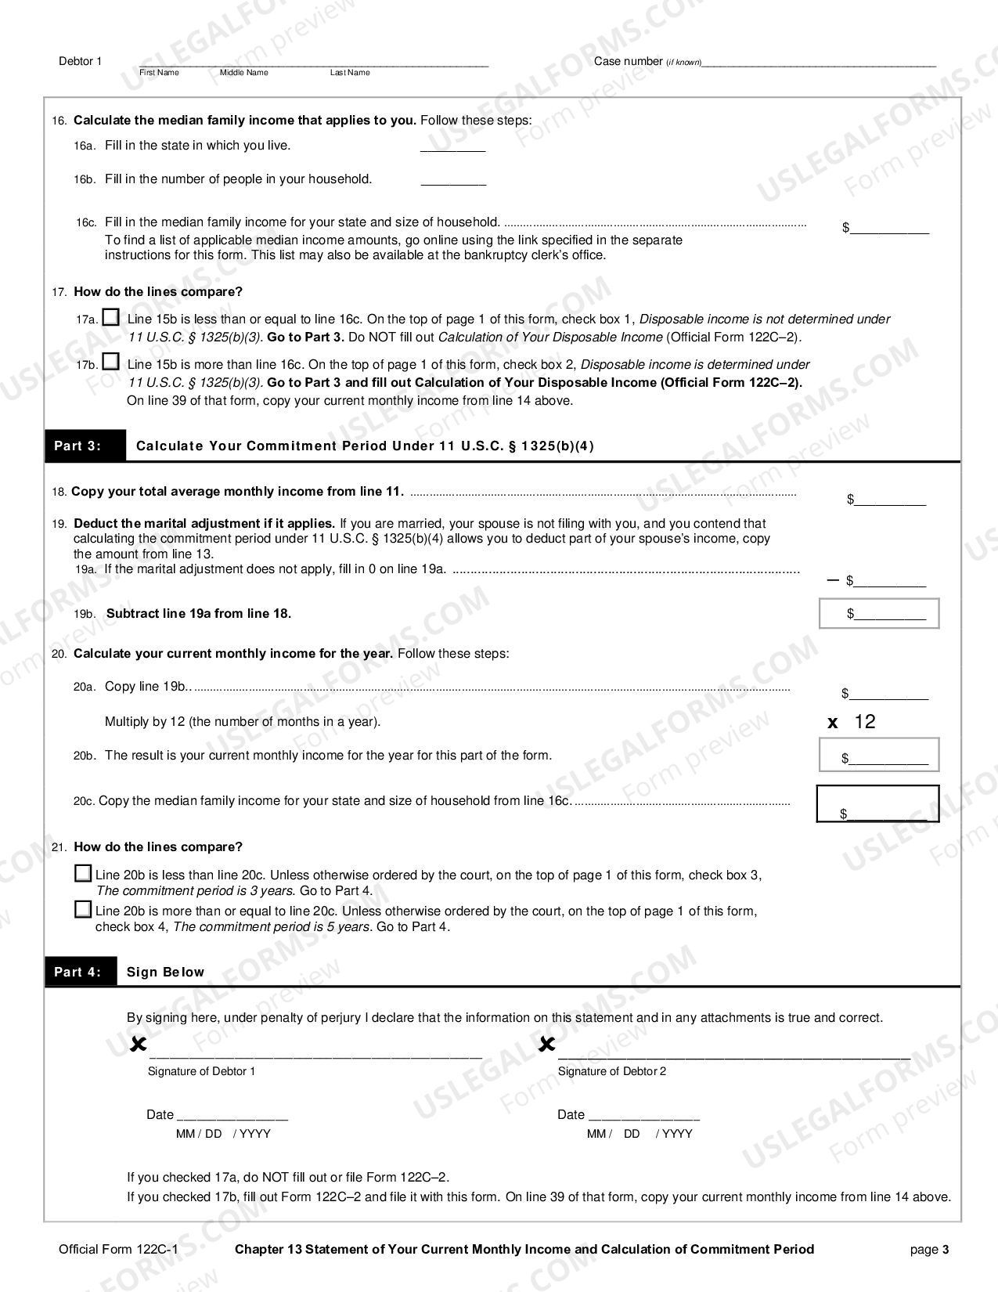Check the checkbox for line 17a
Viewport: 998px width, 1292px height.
[112, 318]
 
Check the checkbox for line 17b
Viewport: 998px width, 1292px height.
[112, 363]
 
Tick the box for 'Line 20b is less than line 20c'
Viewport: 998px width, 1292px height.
[83, 874]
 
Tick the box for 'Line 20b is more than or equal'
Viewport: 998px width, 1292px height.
[83, 910]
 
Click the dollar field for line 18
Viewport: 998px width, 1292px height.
[889, 500]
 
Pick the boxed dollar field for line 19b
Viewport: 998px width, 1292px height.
[879, 613]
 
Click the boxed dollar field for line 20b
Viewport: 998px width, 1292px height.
[879, 756]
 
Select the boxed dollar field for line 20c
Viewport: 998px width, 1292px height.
[877, 804]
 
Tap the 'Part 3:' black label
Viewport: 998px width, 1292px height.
[77, 446]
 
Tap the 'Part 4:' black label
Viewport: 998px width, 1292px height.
[77, 972]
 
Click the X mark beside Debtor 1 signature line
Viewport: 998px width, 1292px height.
[139, 1045]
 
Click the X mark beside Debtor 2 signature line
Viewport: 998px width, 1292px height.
[547, 1045]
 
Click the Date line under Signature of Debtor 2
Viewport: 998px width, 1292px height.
[643, 1115]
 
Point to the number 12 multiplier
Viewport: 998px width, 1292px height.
[864, 722]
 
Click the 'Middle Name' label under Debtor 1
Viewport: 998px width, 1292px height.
[243, 73]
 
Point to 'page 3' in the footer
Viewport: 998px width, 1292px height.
[929, 1250]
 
